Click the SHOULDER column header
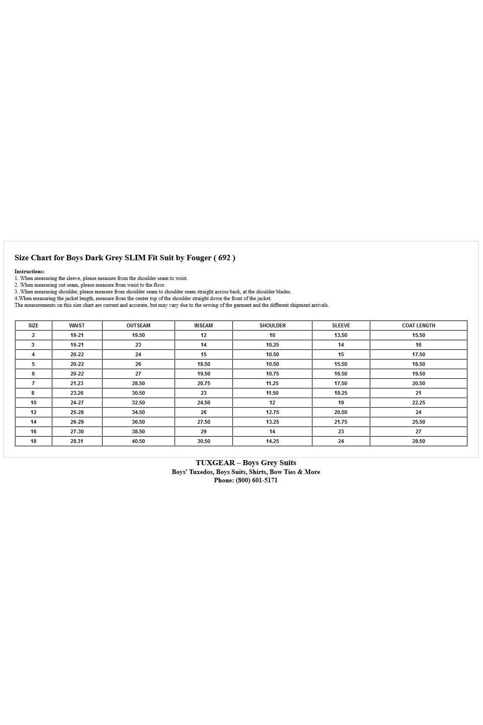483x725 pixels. click(x=272, y=326)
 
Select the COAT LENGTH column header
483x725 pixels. click(x=418, y=326)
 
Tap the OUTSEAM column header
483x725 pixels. click(x=138, y=326)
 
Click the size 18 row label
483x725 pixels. click(x=34, y=441)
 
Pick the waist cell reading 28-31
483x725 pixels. click(x=77, y=441)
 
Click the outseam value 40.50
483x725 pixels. click(x=138, y=441)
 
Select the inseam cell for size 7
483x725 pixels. click(x=204, y=383)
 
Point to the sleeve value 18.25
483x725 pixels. click(x=341, y=393)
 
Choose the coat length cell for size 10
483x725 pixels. click(x=418, y=403)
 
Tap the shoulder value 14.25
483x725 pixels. click(x=272, y=441)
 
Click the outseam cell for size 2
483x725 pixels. click(x=138, y=335)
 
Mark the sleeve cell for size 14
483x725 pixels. click(x=341, y=422)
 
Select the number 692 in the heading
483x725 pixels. click(x=225, y=258)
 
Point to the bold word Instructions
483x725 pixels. click(x=29, y=272)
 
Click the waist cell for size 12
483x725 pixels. click(x=77, y=412)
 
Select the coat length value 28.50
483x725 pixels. click(x=418, y=441)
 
